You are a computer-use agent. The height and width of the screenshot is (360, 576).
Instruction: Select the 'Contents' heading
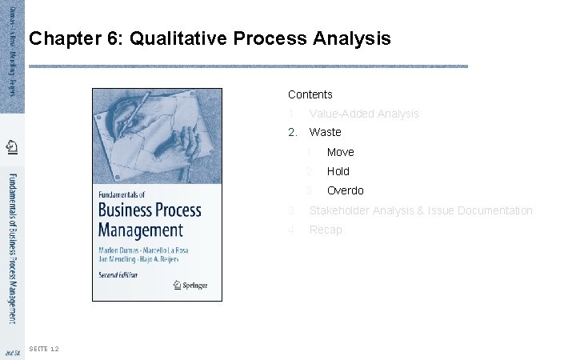tap(310, 94)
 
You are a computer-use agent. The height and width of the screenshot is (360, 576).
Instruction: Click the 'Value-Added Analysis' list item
tap(363, 114)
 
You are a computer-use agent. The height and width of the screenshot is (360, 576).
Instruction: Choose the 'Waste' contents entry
tap(325, 132)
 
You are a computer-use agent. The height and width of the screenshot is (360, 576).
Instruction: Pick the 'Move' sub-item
tap(340, 152)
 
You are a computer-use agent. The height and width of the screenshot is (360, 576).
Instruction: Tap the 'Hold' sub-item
tap(338, 171)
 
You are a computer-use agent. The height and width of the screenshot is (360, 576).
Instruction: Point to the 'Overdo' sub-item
tap(345, 190)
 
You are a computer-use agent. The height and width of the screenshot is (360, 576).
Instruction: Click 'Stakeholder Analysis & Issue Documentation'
tap(420, 210)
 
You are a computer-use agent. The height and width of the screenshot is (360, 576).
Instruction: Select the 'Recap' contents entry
tap(325, 230)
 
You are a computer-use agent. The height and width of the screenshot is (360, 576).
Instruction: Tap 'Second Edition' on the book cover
tap(118, 274)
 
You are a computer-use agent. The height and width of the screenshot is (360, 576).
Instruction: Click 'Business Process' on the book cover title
tap(150, 211)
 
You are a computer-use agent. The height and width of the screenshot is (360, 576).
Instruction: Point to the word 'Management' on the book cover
tap(140, 230)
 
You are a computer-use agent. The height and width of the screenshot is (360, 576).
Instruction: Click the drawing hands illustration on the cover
tap(157, 132)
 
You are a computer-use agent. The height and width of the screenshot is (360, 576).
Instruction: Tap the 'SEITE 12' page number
tap(42, 349)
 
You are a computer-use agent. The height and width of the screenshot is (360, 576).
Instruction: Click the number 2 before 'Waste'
tap(293, 132)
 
